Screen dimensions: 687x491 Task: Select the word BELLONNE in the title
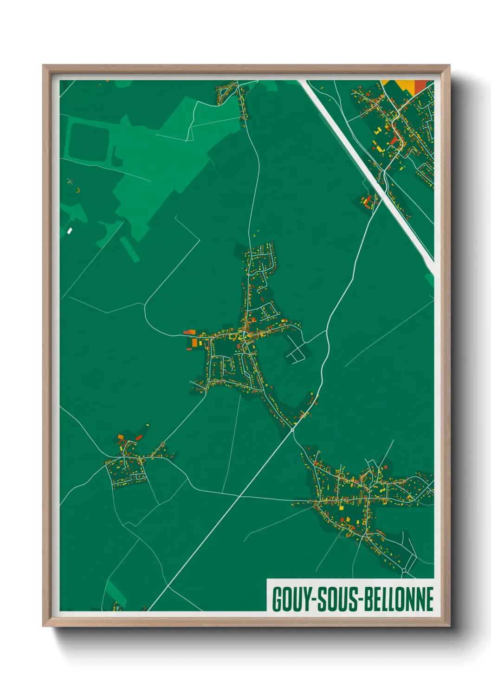coord(398,599)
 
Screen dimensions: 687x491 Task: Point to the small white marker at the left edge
coord(70,230)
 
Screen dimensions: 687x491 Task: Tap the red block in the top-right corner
coord(420,86)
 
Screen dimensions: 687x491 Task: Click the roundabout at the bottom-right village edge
coord(404,570)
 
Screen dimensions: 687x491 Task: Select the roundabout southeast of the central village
coord(292,430)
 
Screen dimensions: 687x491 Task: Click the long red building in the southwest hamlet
coord(139,438)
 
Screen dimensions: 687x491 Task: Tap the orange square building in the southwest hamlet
coord(121,437)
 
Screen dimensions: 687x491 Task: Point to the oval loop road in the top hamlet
coord(225,94)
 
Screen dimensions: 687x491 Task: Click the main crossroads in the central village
coord(245,334)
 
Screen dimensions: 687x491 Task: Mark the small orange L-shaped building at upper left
coord(78,189)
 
